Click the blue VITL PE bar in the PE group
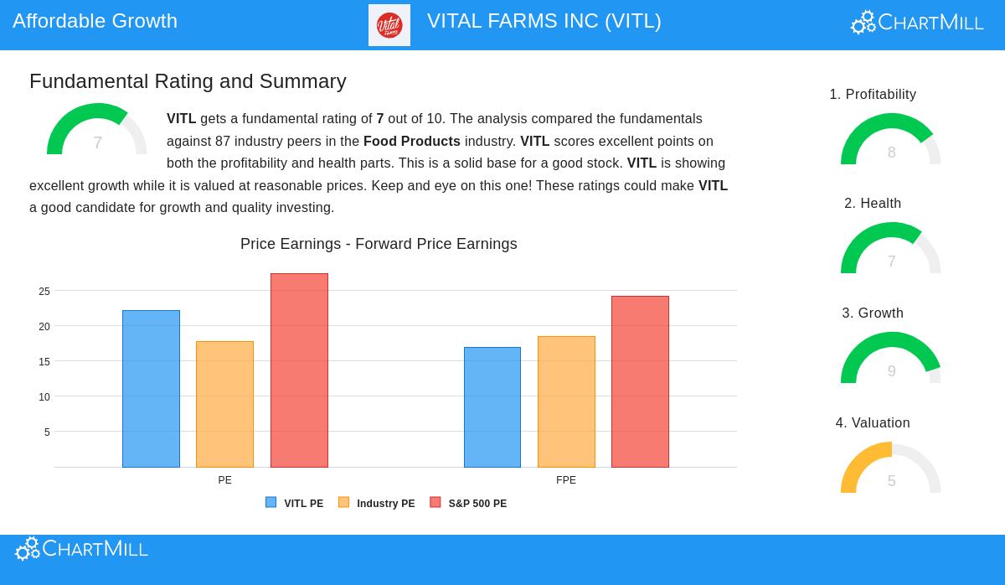point(151,389)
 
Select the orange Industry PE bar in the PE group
point(224,404)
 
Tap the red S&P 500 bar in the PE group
point(299,370)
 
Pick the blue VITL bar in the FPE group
point(492,407)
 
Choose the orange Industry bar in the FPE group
point(566,401)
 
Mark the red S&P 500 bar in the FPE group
point(640,381)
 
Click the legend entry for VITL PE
point(295,504)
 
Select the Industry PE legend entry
point(377,504)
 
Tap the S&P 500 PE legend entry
point(469,504)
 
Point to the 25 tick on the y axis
point(44,292)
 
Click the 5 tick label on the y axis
point(47,432)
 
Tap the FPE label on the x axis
point(566,480)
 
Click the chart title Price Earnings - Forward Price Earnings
point(379,244)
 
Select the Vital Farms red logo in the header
point(389,25)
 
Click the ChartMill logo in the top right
point(917,23)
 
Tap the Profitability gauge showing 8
point(891,140)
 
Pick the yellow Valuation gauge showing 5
point(891,469)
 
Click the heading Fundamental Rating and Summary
point(188,81)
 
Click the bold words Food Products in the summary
point(412,141)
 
